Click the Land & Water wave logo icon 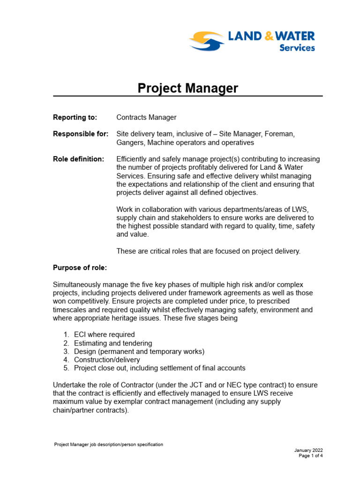206,40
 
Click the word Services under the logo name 297,48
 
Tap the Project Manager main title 187,88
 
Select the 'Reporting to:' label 75,117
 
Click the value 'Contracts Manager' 146,117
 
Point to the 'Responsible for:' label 81,134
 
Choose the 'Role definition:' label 79,159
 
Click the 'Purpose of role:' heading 80,268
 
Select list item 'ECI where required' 104,335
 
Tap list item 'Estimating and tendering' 113,343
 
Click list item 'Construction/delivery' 107,360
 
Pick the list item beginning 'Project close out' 159,368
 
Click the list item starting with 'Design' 139,352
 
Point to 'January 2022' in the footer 308,450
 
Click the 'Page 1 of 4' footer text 310,456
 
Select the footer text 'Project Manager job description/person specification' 109,444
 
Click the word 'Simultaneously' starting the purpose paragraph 76,285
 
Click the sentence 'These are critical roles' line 208,251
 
